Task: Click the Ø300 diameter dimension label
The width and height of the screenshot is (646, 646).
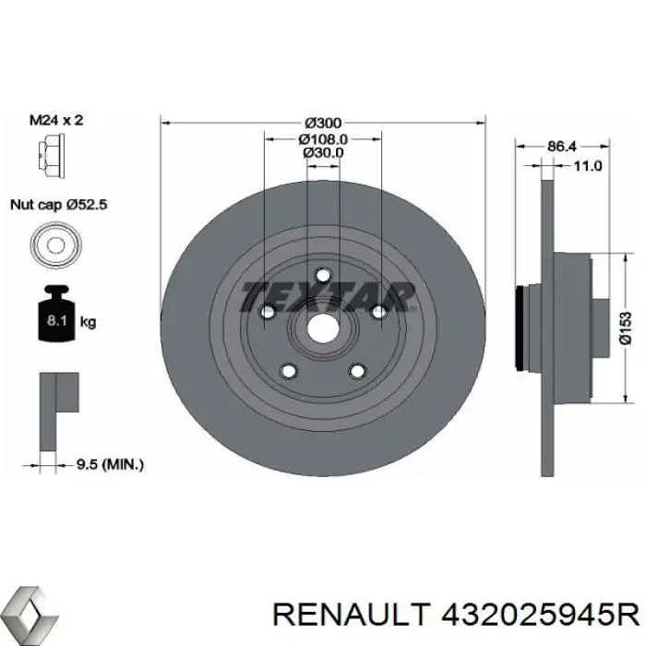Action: (323, 123)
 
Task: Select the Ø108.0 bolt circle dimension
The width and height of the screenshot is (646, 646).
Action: (323, 138)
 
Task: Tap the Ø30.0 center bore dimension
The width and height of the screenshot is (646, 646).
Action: (323, 152)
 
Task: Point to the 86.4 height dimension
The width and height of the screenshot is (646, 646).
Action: (561, 146)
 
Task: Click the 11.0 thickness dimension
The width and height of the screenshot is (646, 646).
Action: (587, 166)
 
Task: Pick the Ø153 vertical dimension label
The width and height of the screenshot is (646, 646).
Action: (625, 329)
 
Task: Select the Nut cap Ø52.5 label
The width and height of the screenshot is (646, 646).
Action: (58, 206)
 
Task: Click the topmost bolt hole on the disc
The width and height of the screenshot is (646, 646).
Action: (323, 275)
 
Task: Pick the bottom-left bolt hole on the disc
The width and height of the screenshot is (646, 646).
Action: (288, 371)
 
